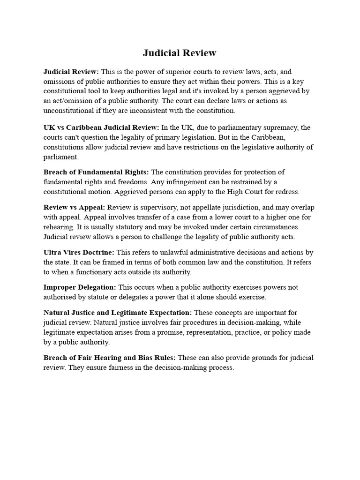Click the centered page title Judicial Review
[180, 53]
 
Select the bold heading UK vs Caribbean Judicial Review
[101, 127]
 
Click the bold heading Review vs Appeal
[75, 207]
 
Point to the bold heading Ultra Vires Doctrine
[79, 252]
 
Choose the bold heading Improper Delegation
[80, 287]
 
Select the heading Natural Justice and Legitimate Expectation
[118, 312]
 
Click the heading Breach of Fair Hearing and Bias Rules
[110, 358]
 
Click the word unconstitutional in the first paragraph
[68, 111]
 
